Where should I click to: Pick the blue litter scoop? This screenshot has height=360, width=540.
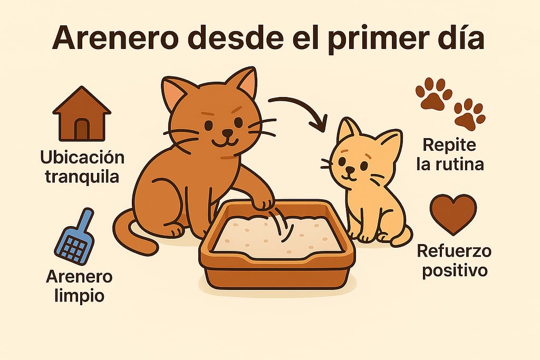click(75, 236)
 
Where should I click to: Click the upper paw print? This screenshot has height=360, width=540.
click(433, 94)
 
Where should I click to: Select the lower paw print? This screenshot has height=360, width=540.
click(469, 114)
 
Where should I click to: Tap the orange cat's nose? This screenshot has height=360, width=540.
click(227, 132)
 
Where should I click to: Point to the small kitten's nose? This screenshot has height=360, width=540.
click(350, 169)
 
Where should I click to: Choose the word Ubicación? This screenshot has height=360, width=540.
click(82, 157)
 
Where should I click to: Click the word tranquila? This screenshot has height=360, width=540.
click(82, 177)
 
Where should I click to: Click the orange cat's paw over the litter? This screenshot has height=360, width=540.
click(264, 202)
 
